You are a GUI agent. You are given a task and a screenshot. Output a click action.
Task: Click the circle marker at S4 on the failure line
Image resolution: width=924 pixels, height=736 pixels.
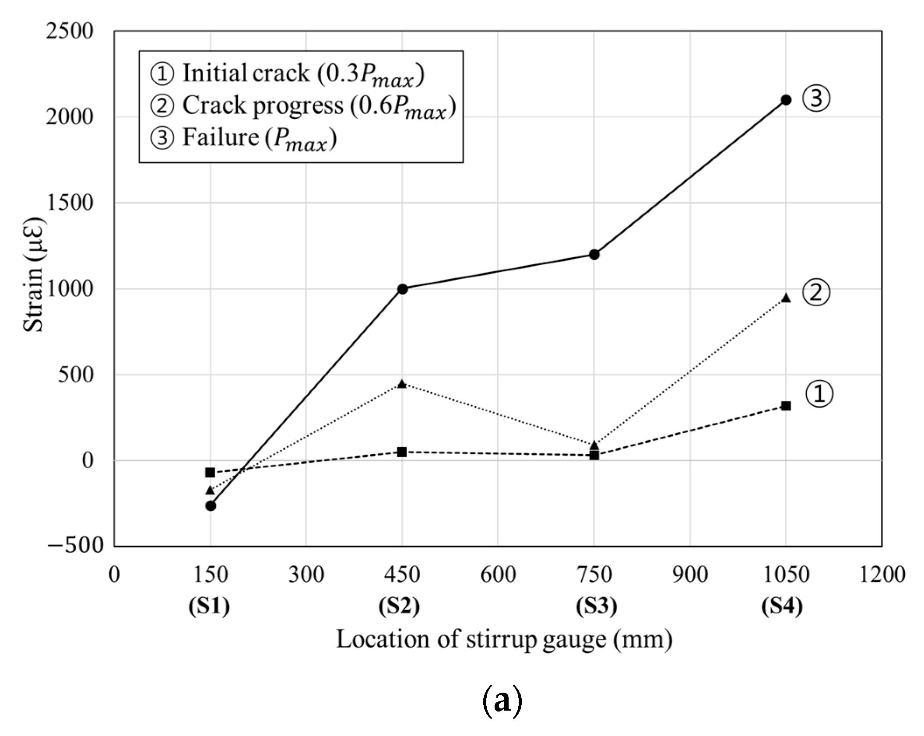[x=786, y=100]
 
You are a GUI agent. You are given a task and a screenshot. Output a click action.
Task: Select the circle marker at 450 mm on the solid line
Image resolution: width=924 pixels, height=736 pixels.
[x=402, y=289]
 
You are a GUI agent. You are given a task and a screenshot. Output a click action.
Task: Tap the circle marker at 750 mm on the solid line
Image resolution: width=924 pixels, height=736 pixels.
[x=594, y=254]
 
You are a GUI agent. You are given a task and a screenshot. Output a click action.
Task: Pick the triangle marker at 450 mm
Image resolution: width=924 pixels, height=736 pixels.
[x=402, y=384]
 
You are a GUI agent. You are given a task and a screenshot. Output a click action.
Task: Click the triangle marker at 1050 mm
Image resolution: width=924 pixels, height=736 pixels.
[x=786, y=298]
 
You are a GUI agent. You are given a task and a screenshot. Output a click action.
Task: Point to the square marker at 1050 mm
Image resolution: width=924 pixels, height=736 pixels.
[x=786, y=406]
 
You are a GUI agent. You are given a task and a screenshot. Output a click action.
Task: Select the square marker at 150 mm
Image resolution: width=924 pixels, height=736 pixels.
[x=210, y=472]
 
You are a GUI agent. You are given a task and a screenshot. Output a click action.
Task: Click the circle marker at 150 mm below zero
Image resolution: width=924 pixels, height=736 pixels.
[x=211, y=506]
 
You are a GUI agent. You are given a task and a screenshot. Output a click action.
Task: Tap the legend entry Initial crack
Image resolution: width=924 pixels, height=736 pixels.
[x=287, y=74]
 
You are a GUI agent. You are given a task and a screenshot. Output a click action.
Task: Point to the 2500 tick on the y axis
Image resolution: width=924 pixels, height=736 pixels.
[x=69, y=31]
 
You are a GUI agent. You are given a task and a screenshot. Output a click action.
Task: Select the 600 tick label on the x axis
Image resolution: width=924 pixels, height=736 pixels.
[x=498, y=574]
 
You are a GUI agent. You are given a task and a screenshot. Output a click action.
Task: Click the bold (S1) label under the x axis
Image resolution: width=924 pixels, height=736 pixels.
[x=209, y=606]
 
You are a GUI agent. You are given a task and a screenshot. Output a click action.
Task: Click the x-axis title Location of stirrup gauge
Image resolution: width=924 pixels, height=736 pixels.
[x=503, y=639]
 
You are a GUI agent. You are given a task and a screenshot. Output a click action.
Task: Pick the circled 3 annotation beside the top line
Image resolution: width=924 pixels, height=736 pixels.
[x=816, y=98]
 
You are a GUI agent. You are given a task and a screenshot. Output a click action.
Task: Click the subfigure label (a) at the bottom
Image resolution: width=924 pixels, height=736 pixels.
[x=502, y=701]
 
